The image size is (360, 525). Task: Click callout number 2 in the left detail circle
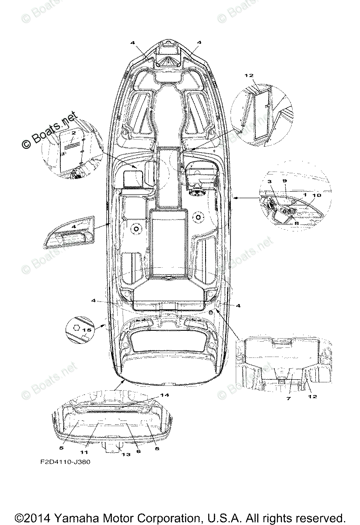pos(74,132)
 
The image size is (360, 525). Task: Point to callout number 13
pos(126,455)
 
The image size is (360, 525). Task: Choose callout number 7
pos(288,399)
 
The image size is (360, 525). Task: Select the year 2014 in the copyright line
pos(37,517)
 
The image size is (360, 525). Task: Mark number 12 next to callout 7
pos(312,396)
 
